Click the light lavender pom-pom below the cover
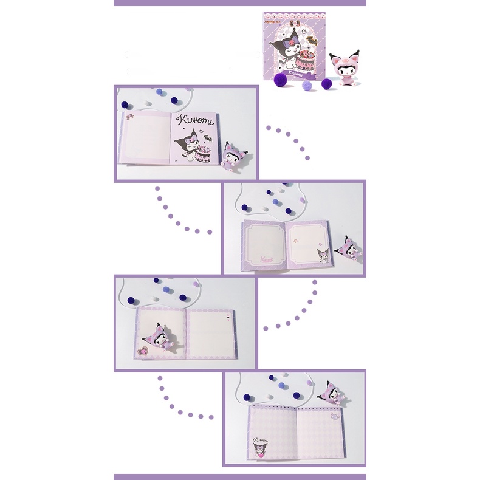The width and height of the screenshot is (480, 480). (x=306, y=86)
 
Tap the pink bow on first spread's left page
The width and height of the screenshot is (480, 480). (x=128, y=113)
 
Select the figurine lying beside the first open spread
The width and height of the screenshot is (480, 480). (x=233, y=156)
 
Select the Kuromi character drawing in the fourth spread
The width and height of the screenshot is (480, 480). (x=260, y=448)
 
